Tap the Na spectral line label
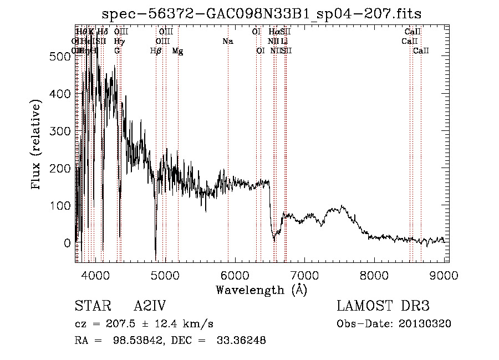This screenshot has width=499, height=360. coord(228,42)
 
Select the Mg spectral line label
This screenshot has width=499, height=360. coord(177,51)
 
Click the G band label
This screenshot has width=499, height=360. coord(118,51)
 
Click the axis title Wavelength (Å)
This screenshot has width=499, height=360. coord(261,290)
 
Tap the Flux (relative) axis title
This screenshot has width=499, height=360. coord(37,145)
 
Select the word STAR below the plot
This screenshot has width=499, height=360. coord(92,306)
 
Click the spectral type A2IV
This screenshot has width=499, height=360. coord(149,306)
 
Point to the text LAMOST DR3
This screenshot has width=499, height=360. coord(383,306)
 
